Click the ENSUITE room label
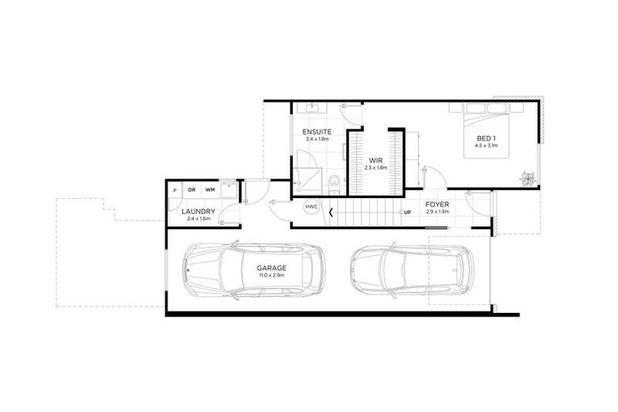tap(315, 131)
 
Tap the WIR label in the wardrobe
tap(374, 160)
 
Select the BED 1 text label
tap(486, 138)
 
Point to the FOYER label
tap(438, 204)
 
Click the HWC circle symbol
tap(311, 207)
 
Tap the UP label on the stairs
tap(407, 213)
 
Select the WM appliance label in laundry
tap(209, 189)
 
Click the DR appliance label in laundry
tap(192, 189)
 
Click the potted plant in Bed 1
tap(528, 177)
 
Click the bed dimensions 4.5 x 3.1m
tap(486, 146)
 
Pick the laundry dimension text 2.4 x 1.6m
tap(196, 219)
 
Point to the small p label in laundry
tap(175, 189)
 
